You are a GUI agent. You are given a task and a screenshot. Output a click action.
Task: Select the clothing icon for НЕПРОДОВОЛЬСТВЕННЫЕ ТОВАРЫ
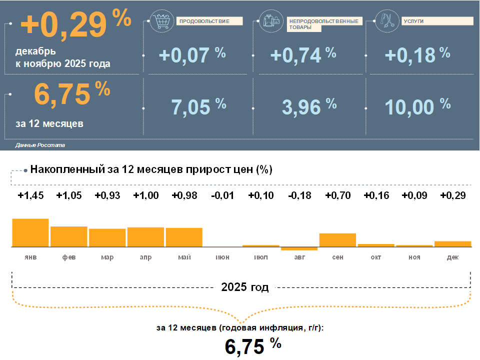coord(270,20)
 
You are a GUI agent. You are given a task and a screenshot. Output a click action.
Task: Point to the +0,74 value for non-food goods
coord(295,55)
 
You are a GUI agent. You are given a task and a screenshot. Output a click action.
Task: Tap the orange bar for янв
coord(30,232)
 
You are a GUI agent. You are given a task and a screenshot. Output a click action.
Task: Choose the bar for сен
coord(337,240)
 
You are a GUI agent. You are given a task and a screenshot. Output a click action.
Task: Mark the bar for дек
coord(452,244)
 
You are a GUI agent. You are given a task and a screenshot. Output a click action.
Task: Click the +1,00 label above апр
coord(146,195)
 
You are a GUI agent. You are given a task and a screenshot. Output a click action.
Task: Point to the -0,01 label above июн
coord(222,195)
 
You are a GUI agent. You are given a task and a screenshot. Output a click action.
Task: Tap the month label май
coord(184,257)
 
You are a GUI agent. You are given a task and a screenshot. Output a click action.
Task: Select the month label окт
coord(375,257)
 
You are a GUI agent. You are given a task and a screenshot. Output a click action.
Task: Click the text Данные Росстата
coord(40,145)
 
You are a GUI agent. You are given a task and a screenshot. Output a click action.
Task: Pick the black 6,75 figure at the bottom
coord(244,346)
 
